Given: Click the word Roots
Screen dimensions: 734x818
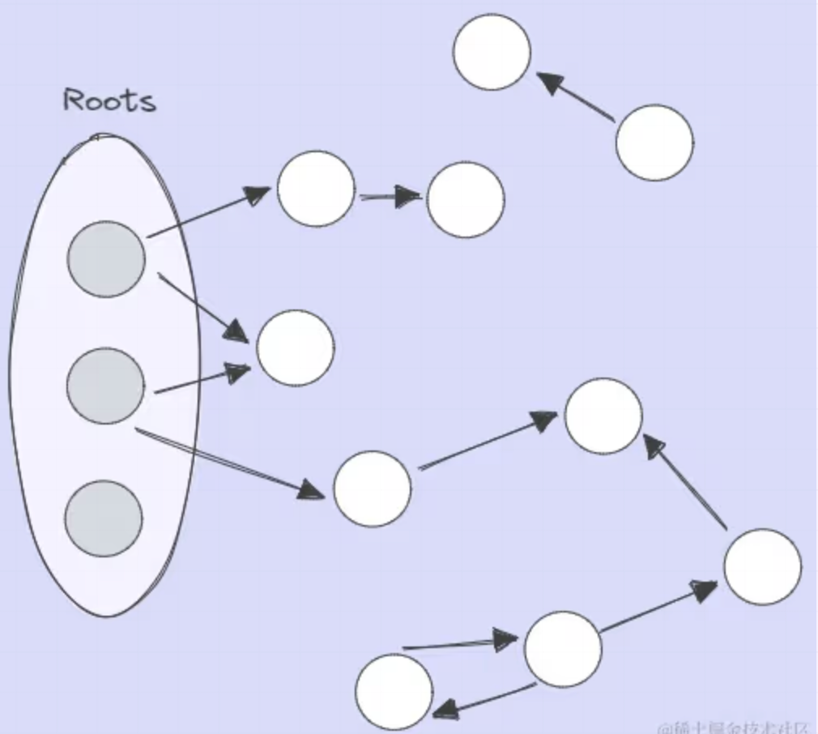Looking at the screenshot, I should click(x=109, y=100).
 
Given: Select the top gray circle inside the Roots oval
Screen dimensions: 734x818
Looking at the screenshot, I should click(x=106, y=259).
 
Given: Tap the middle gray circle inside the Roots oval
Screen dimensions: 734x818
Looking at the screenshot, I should click(x=105, y=386).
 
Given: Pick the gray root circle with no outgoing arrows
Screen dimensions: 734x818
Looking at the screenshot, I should click(x=104, y=518).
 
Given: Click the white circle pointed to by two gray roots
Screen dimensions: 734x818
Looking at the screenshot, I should click(x=295, y=348).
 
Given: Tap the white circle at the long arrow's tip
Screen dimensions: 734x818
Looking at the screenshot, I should click(x=372, y=489).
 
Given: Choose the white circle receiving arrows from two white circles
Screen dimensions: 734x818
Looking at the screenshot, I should click(x=603, y=416).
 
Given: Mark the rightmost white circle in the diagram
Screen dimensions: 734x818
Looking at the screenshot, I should click(x=762, y=566).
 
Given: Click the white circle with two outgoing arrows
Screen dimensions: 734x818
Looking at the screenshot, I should click(x=563, y=649).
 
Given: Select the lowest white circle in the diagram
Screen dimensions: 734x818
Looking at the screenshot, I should click(x=394, y=692).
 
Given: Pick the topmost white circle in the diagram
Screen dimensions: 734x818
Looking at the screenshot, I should click(x=492, y=52).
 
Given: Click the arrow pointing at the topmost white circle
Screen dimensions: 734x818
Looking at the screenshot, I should click(x=575, y=98).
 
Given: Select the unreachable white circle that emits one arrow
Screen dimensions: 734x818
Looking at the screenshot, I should click(x=654, y=143).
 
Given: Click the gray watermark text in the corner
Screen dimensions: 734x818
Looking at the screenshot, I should click(x=733, y=726).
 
